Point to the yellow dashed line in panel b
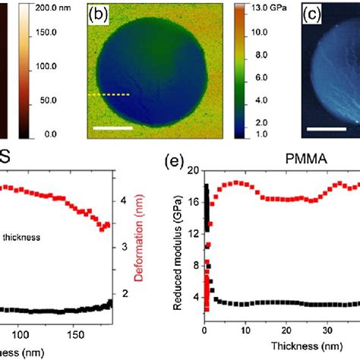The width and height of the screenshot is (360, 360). pyautogui.click(x=109, y=95)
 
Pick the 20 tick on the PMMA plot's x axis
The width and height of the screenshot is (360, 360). pyautogui.click(x=286, y=333)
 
